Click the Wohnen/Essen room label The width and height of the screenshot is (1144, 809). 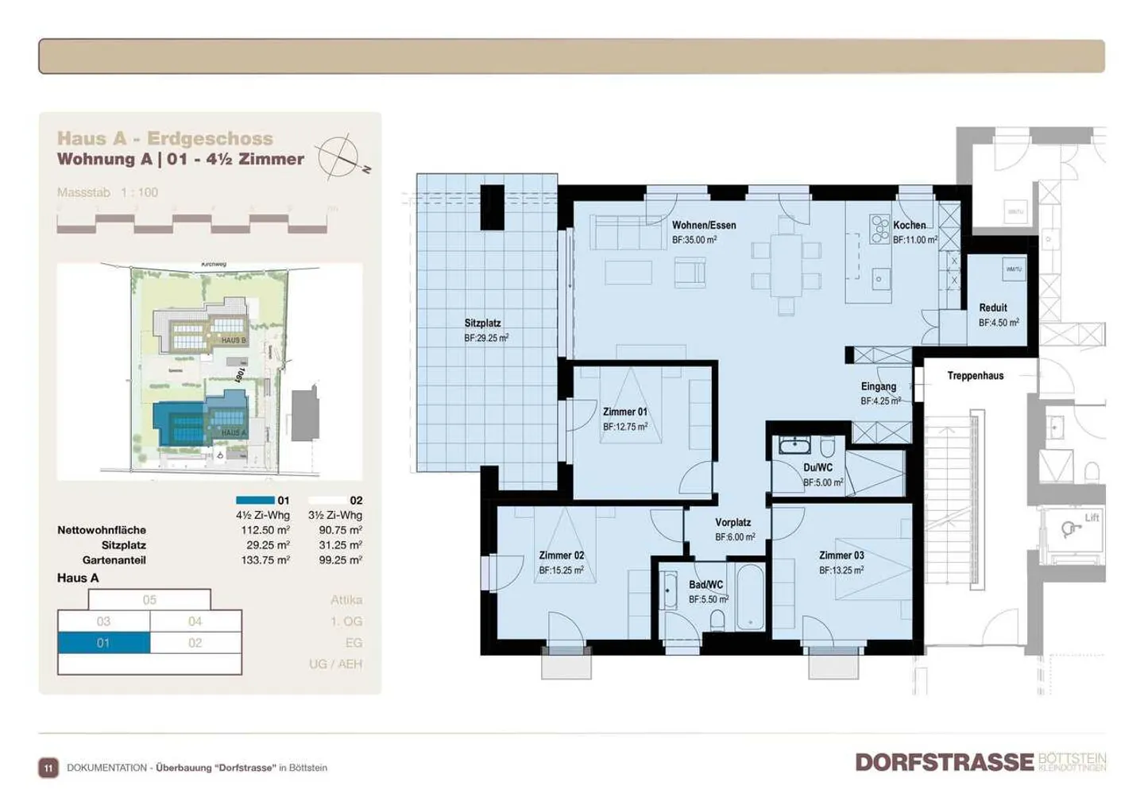pos(704,226)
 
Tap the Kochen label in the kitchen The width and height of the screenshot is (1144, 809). pos(909,226)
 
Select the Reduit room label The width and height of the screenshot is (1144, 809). pos(992,308)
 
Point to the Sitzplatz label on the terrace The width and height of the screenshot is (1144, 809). pos(482,323)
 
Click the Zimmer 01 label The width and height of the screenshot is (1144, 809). pos(624,412)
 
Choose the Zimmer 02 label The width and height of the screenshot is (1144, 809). pos(561,555)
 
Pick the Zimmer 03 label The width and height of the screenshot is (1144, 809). pos(841,555)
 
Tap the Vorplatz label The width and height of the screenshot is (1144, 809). pos(732,523)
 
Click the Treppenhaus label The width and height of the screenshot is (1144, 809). pos(975,376)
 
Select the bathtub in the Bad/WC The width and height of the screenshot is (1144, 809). pos(751,598)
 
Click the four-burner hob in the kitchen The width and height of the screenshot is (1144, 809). pos(879,229)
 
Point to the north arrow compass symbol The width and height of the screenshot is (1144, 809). pos(339,156)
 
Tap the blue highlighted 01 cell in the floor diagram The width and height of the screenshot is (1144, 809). pos(103,643)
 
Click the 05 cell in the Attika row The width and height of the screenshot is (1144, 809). pos(149,600)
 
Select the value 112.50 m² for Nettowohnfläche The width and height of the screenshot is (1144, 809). pos(265,530)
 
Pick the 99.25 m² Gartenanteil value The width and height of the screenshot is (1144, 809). pos(340,560)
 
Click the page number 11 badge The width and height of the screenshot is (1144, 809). pos(48,768)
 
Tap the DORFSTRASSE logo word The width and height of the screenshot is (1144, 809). pos(944,762)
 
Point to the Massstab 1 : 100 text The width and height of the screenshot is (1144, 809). pos(107,192)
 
